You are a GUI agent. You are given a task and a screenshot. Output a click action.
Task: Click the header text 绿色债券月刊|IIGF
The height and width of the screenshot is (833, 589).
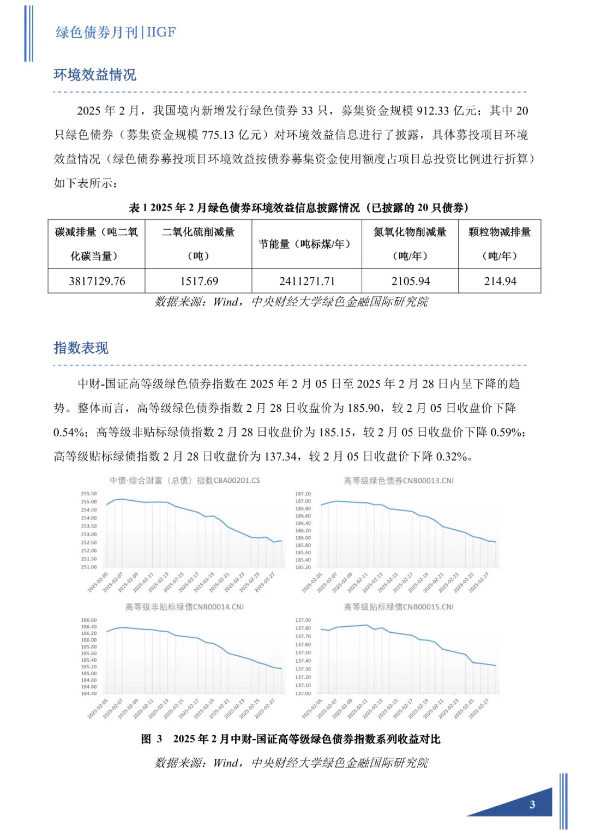pos(116,32)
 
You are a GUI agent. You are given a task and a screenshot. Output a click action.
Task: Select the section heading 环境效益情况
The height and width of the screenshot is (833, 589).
pos(95,75)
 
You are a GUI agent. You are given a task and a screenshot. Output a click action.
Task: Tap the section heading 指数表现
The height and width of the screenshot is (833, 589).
pos(81,347)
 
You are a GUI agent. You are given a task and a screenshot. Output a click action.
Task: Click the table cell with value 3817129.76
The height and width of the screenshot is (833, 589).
pos(97,281)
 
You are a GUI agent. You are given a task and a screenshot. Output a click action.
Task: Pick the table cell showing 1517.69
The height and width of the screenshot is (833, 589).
pos(199,281)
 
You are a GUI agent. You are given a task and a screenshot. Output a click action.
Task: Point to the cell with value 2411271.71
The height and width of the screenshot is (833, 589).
pos(307,281)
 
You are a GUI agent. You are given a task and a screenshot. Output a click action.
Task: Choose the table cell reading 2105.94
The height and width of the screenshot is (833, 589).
pos(410,281)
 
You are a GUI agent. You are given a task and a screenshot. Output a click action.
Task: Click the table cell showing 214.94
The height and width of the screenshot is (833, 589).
pos(500,281)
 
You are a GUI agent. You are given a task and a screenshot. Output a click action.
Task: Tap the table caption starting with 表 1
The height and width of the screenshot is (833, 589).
pos(298,207)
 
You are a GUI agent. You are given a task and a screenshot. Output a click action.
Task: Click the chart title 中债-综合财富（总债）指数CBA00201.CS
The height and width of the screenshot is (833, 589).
pos(184,481)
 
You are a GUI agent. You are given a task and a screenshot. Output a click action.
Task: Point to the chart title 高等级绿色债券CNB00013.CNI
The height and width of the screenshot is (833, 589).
pos(398,481)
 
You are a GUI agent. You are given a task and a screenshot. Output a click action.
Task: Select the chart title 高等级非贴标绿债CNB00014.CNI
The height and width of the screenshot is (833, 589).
pos(184,607)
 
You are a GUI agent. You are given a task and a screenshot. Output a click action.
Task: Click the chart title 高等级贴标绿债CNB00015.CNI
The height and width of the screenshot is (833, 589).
pos(398,607)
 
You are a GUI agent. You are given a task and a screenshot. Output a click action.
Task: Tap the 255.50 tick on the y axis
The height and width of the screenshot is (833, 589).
pos(88,494)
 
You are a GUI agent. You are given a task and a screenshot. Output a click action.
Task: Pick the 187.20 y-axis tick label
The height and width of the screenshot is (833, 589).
pos(303,494)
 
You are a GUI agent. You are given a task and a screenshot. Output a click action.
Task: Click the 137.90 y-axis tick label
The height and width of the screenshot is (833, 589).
pos(303,620)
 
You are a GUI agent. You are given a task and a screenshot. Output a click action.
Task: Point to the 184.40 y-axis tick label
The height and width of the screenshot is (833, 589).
pos(88,693)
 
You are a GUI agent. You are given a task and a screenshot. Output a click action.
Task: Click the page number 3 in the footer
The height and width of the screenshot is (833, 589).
pos(532,804)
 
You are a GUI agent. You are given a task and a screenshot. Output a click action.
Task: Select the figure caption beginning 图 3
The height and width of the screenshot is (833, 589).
pos(291,739)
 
